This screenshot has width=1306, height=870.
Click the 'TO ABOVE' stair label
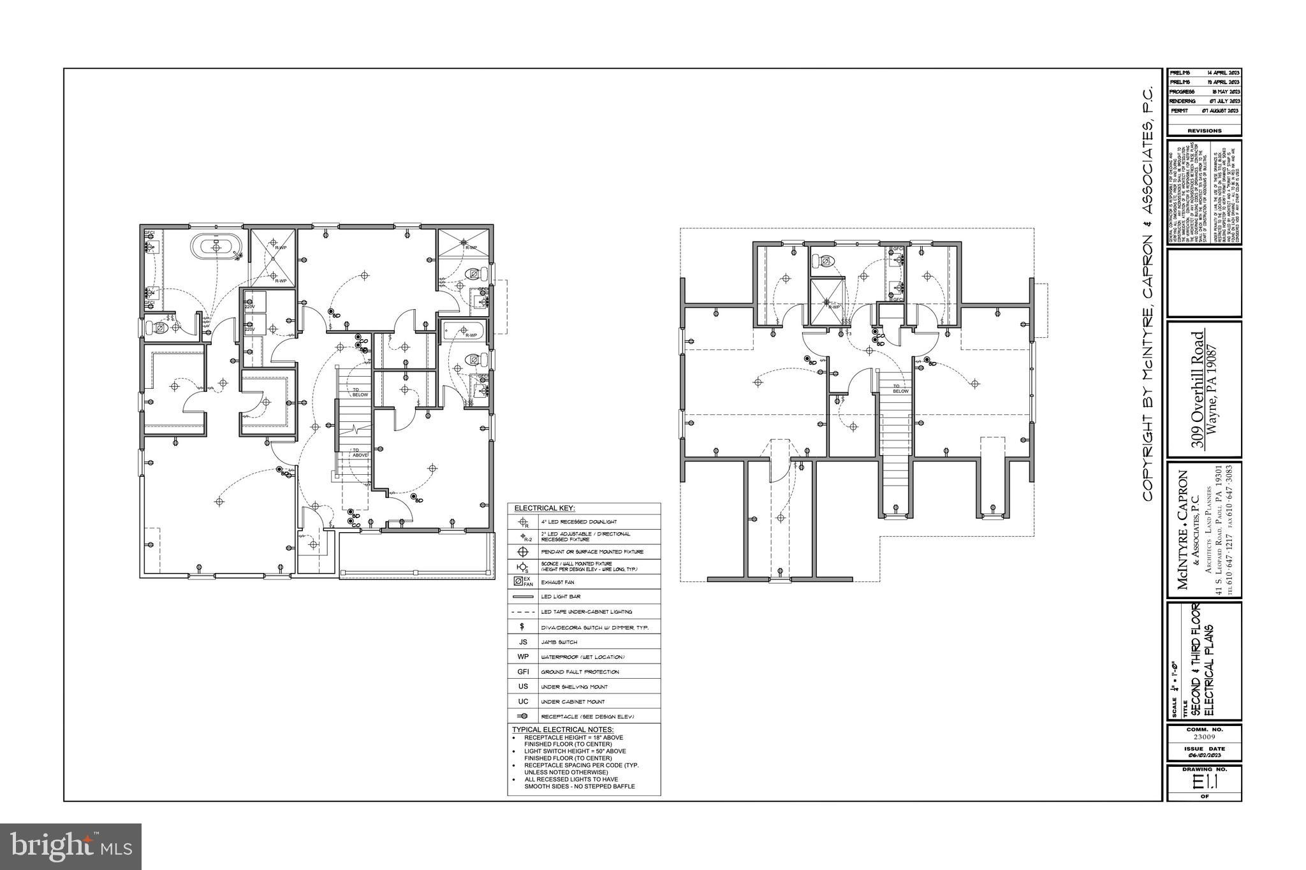[x=360, y=453]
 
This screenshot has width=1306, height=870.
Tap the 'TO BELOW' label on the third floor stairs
[x=900, y=389]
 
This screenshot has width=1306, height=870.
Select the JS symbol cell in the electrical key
[x=523, y=642]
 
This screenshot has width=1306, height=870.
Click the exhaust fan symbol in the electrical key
[x=523, y=581]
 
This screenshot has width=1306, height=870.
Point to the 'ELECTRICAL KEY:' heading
[x=545, y=508]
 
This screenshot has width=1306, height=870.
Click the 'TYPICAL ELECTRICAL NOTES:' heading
[x=562, y=729]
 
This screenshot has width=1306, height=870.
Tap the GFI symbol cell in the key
[x=523, y=672]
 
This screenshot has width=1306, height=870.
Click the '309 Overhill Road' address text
[x=1199, y=389]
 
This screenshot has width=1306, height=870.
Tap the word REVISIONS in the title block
[x=1204, y=131]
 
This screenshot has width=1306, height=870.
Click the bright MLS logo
[x=70, y=846]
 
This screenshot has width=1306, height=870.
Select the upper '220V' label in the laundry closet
[x=250, y=307]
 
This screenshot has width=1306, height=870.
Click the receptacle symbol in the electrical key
[x=523, y=716]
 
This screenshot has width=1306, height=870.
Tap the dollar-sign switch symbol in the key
[x=523, y=627]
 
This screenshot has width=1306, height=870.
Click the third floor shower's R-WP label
[x=834, y=307]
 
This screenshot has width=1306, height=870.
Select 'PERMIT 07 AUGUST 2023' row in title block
[x=1204, y=111]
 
